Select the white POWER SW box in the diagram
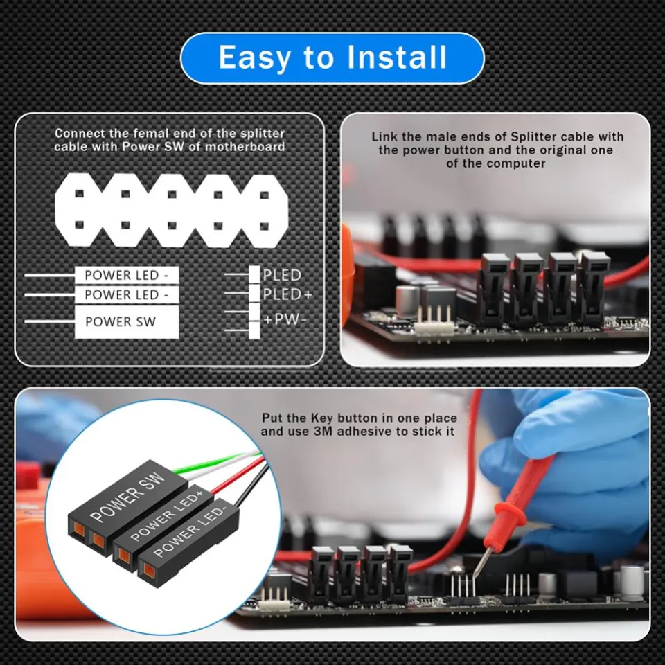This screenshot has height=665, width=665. [x=125, y=322]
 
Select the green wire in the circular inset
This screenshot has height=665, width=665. [x=215, y=465]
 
